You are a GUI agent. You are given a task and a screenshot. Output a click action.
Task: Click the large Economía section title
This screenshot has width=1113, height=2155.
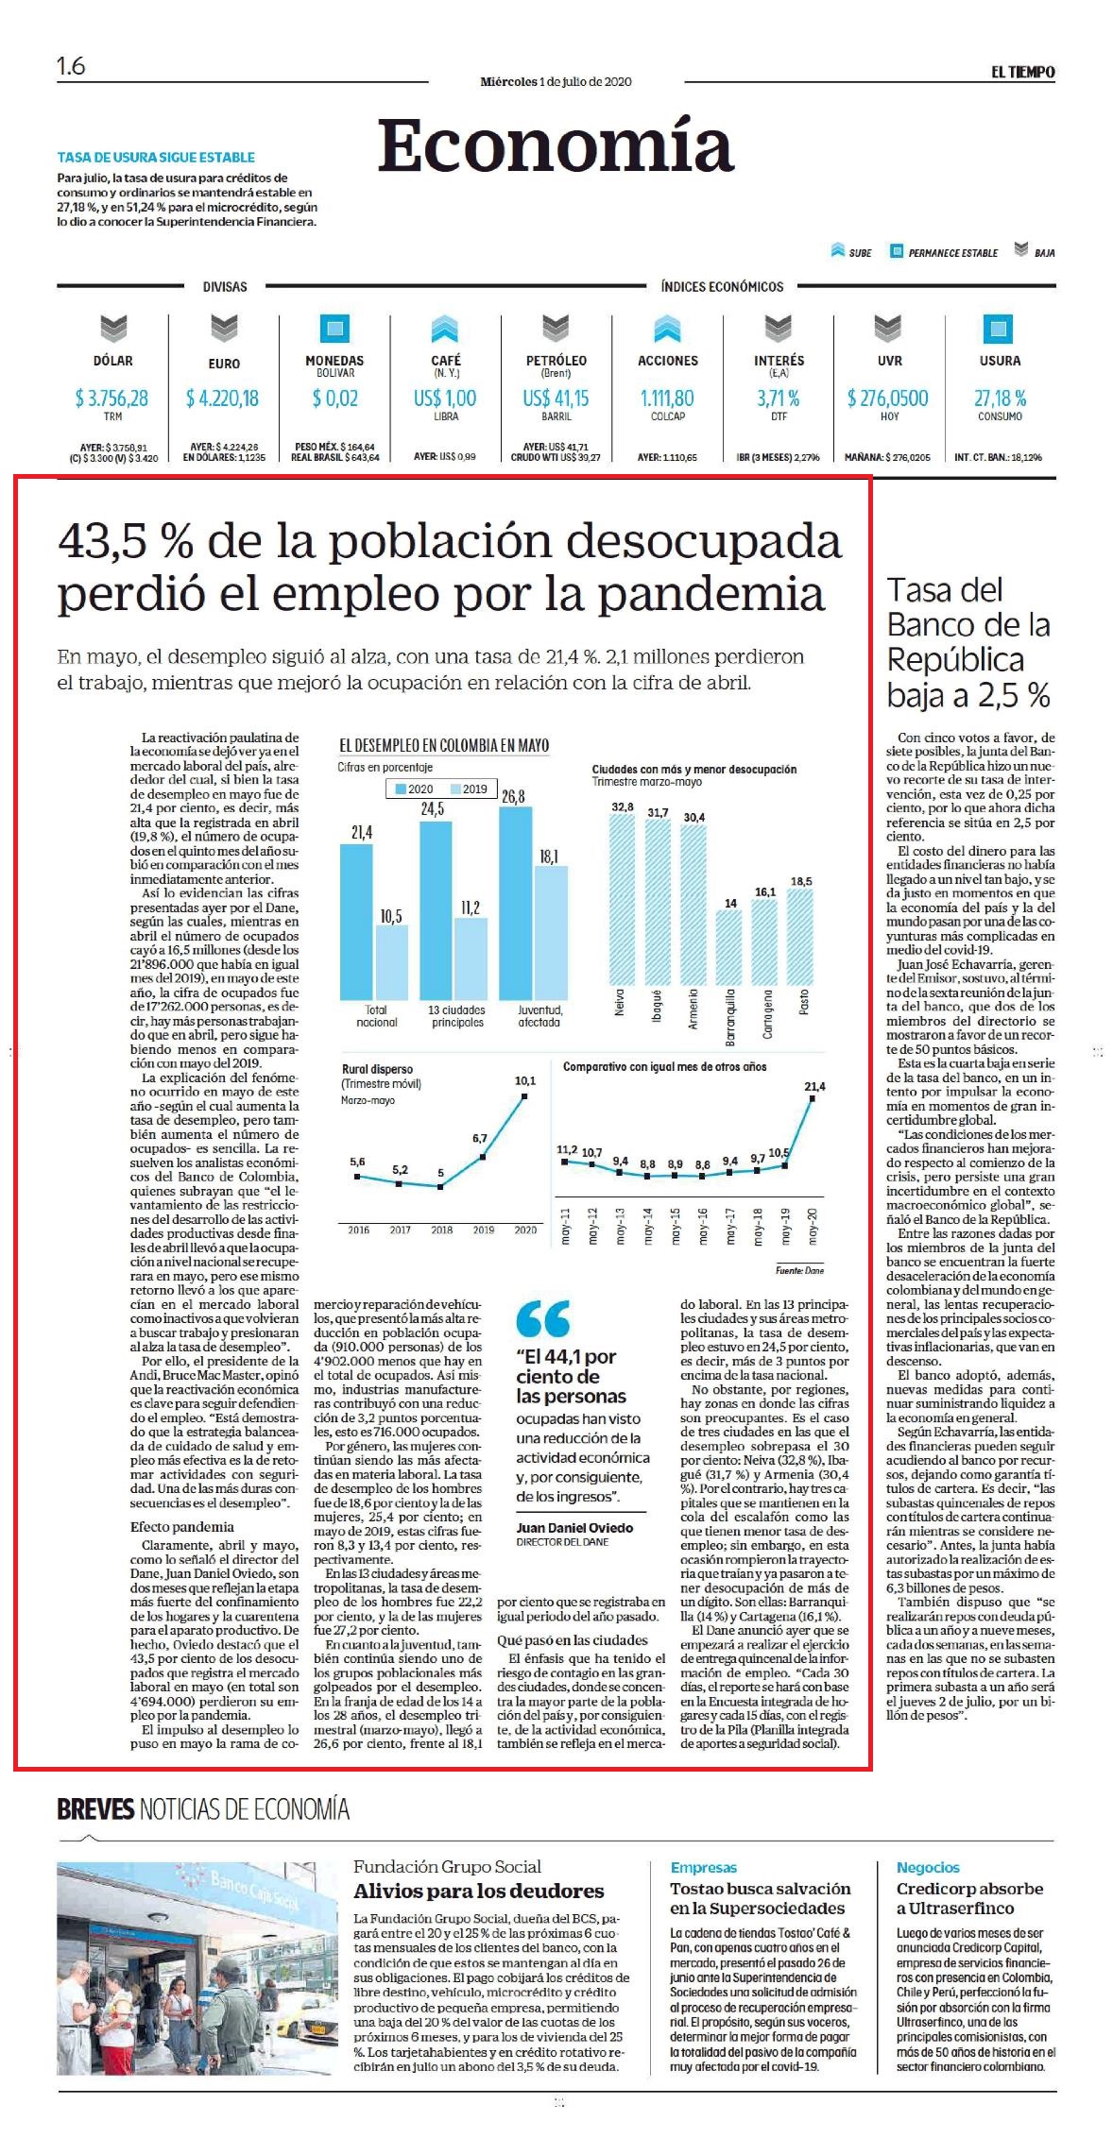tap(556, 146)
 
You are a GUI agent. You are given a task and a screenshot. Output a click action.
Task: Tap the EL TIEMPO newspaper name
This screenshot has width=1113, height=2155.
tap(1022, 73)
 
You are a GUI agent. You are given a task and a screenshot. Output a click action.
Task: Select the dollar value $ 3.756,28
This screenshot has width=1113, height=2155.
tap(111, 399)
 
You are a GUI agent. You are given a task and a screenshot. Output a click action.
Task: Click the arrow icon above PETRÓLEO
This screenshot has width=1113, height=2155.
tap(556, 329)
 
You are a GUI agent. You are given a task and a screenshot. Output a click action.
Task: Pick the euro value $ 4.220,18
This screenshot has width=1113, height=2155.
tap(223, 399)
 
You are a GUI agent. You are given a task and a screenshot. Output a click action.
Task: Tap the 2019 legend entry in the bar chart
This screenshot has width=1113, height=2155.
tap(469, 789)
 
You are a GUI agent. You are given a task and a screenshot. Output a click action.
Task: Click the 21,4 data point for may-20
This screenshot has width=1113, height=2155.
tap(813, 1103)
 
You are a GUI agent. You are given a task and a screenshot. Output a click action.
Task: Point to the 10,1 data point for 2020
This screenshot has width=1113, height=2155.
tap(524, 1096)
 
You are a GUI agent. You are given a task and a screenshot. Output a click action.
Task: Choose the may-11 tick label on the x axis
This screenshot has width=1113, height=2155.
tap(565, 1226)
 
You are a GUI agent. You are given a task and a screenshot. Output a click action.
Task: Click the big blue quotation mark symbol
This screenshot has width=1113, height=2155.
tap(543, 1318)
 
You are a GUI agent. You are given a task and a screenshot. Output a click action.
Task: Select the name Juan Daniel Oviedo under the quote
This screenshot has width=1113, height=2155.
tap(574, 1527)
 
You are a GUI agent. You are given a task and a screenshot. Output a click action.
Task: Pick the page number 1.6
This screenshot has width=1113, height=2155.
tap(71, 66)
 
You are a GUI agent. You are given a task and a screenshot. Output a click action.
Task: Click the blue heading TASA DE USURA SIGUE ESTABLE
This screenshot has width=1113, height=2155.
tap(156, 158)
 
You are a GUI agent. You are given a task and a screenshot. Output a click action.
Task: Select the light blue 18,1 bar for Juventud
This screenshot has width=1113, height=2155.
tap(551, 933)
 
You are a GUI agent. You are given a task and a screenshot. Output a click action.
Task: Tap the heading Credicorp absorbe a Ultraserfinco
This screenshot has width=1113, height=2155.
tap(970, 1898)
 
